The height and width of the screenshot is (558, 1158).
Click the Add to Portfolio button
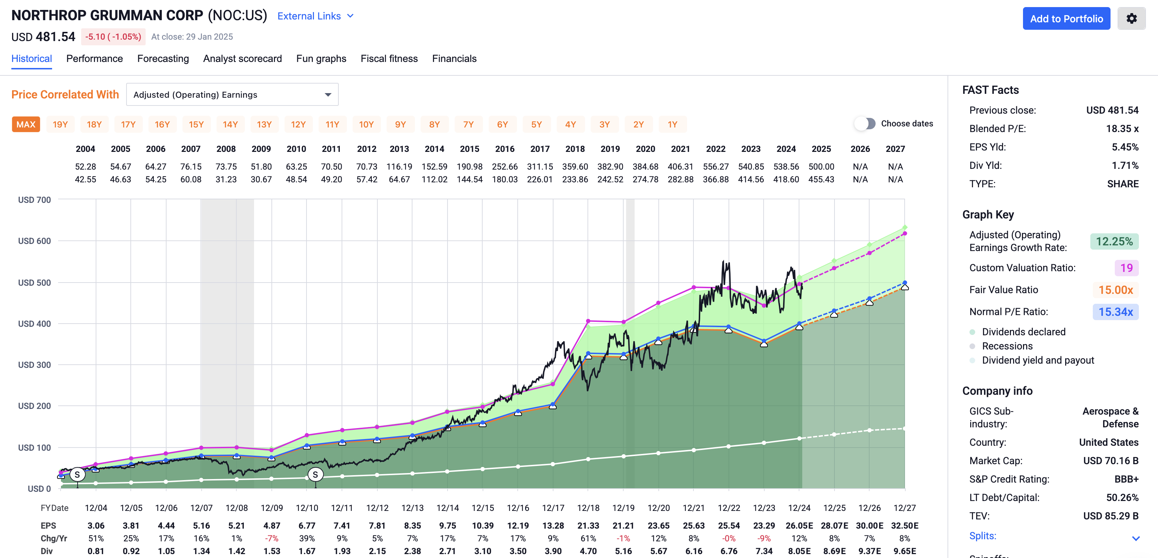[x=1066, y=19]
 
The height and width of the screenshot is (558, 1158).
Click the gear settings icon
[x=1131, y=19]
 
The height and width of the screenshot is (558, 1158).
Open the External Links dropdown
[x=315, y=16]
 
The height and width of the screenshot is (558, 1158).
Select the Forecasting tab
[x=163, y=59]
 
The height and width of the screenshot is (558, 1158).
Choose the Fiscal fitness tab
[x=389, y=59]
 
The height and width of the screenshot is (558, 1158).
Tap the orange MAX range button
[x=26, y=124]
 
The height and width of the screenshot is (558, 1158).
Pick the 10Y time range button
[x=366, y=124]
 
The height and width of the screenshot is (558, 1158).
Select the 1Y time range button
[x=672, y=124]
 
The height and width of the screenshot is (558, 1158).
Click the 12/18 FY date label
[x=588, y=508]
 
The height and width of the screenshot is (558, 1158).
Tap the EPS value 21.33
[x=588, y=526]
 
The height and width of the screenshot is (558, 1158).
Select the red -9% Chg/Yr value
[x=764, y=539]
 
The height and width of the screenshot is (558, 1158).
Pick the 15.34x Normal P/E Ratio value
[x=1115, y=312]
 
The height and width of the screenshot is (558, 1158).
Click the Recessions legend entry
[x=1007, y=346]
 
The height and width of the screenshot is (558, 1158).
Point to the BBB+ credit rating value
[x=1126, y=479]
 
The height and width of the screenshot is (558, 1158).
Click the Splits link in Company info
[x=983, y=536]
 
